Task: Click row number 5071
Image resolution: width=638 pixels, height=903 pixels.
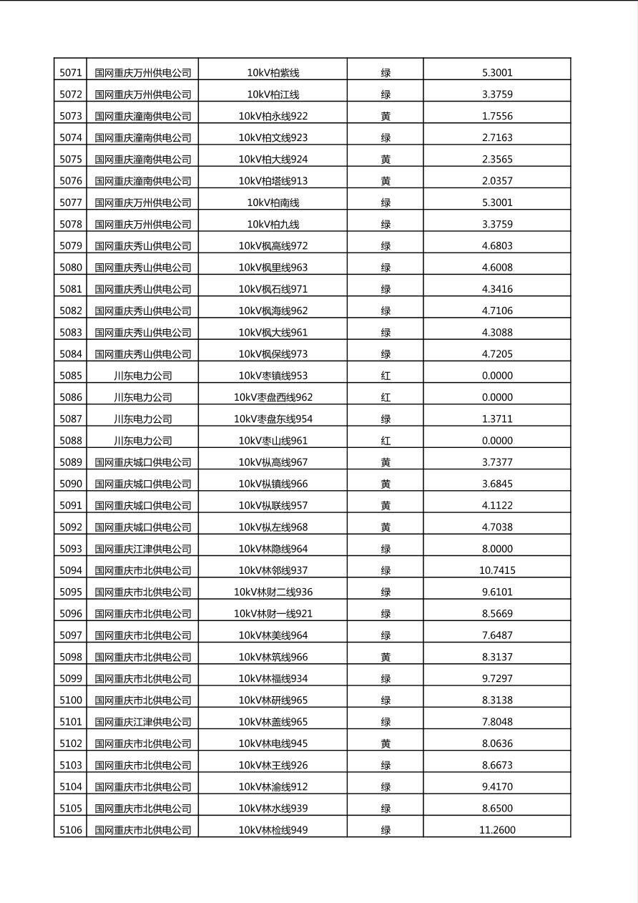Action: [x=71, y=72]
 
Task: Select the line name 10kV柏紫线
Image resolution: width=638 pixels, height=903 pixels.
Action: [x=273, y=72]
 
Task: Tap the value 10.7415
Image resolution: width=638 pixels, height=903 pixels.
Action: [x=497, y=570]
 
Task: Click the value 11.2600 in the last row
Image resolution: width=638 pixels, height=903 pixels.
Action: [x=497, y=830]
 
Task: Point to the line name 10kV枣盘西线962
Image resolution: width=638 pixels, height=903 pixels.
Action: [x=273, y=397]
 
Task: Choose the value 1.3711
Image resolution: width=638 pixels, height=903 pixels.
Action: [x=497, y=419]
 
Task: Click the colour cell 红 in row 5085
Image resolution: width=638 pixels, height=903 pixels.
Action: [x=386, y=376]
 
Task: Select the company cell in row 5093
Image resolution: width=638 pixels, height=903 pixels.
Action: [x=143, y=549]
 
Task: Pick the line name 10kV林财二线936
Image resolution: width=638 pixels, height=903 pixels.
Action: [x=273, y=592]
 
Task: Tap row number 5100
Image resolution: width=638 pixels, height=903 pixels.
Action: [x=71, y=700]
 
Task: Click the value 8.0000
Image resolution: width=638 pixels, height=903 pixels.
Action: [x=497, y=549]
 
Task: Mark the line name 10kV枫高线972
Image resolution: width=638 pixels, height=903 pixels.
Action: [x=273, y=245]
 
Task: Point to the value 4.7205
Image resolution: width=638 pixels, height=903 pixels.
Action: [x=497, y=353]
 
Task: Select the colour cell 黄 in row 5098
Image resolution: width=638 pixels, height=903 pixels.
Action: [x=386, y=657]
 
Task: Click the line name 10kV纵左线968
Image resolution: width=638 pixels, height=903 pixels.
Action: [x=273, y=527]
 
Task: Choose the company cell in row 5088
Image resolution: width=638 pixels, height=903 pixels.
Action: [x=143, y=441]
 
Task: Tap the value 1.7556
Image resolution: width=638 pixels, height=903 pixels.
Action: [x=497, y=116]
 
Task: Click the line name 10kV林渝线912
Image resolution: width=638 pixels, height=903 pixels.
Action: [x=273, y=786]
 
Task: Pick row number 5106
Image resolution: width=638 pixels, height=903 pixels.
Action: [x=71, y=830]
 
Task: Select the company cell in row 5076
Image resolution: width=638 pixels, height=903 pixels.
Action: [x=143, y=181]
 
